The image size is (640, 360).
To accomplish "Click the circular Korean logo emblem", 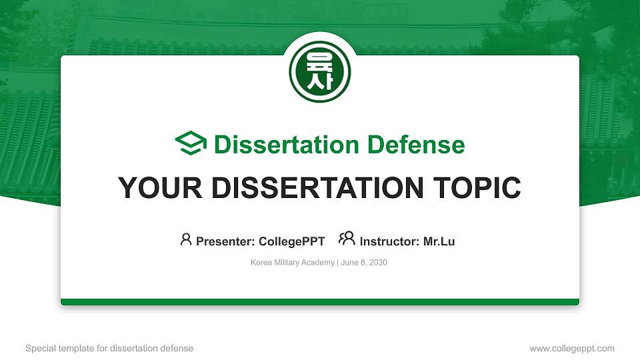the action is [x=320, y=72].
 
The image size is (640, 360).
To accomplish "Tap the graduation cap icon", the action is [x=191, y=143].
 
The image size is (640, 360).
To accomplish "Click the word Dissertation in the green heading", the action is [x=287, y=145].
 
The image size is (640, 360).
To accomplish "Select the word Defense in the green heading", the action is [x=416, y=145].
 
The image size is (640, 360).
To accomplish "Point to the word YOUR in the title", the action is [x=160, y=188].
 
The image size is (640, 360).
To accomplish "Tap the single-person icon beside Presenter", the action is [x=186, y=239].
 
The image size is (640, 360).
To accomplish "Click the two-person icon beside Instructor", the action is [x=347, y=238].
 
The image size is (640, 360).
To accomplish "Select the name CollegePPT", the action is [x=292, y=241].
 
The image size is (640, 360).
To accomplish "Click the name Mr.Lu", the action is [x=439, y=241].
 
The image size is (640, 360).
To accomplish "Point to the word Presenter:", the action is [x=225, y=241].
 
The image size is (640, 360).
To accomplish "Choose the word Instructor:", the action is [x=389, y=241].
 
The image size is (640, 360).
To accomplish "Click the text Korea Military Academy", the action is [x=293, y=263].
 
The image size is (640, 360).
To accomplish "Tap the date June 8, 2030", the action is [x=364, y=263].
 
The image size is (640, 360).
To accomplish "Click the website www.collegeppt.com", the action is [x=572, y=348].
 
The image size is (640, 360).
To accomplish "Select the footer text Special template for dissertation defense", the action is [x=109, y=348].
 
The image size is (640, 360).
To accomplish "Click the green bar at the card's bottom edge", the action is [x=320, y=302].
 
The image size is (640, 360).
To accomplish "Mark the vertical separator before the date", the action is [x=337, y=263].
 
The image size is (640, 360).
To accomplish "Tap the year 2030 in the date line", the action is [x=379, y=263].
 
